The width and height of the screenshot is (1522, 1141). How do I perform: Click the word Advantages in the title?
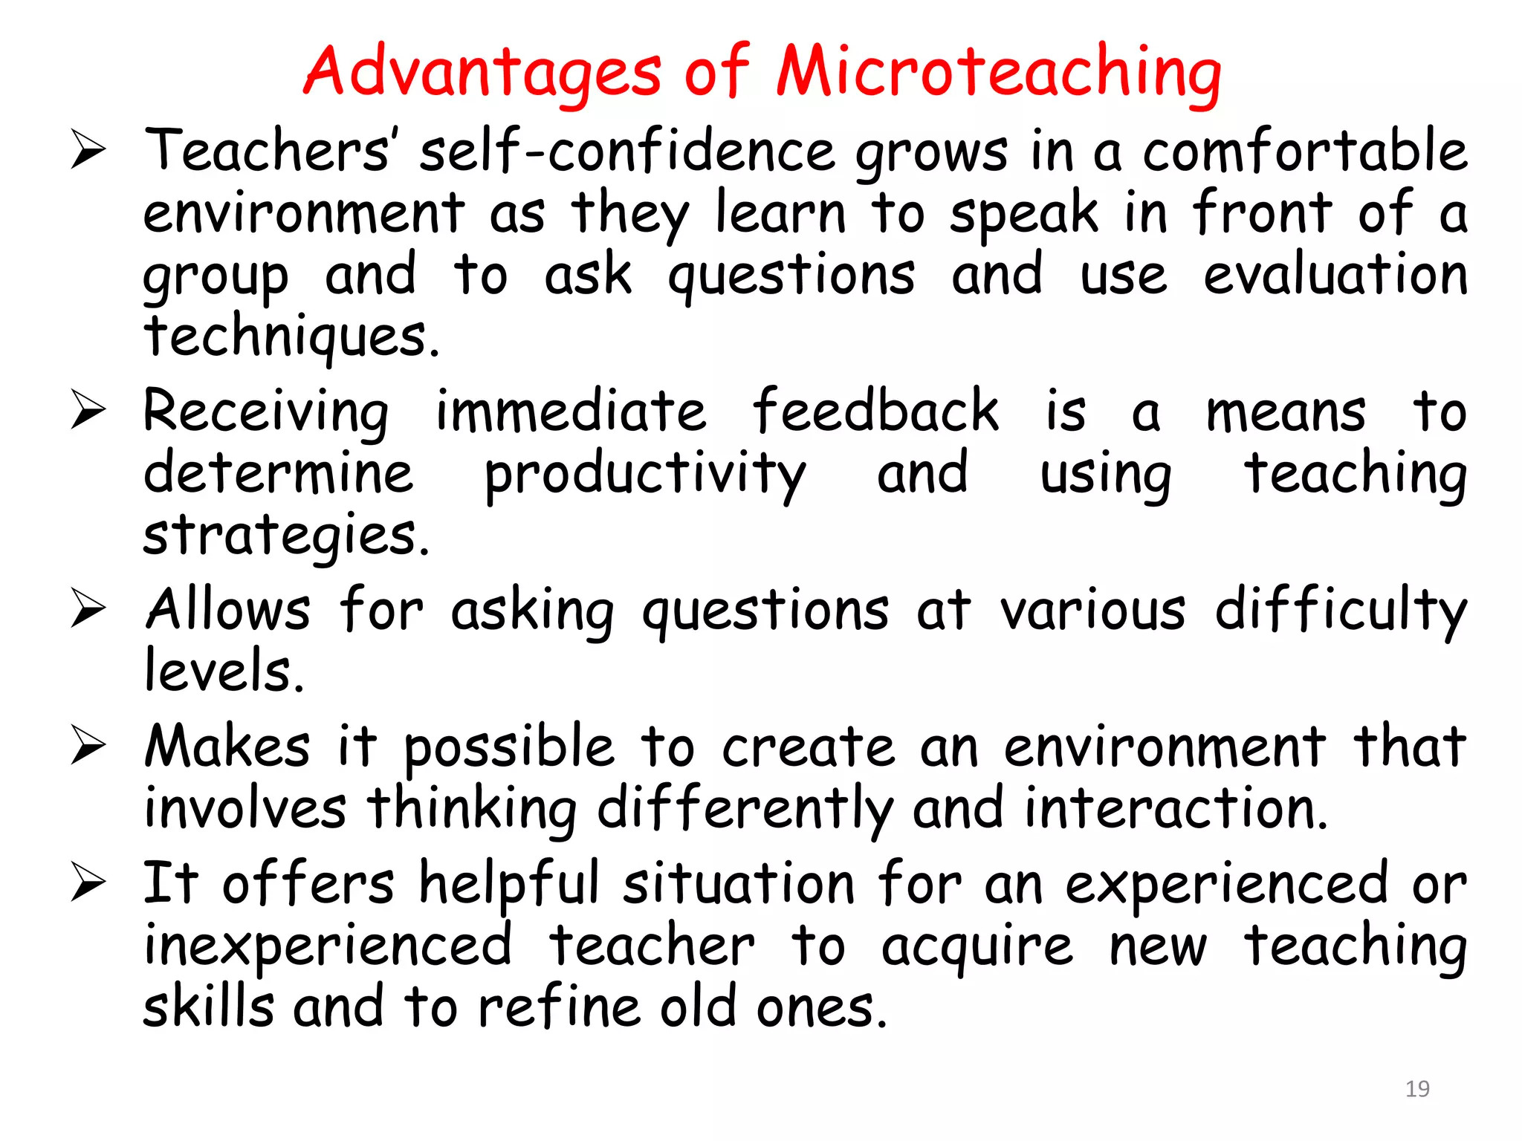pyautogui.click(x=482, y=73)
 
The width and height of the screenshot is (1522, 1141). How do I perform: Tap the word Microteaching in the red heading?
pyautogui.click(x=998, y=73)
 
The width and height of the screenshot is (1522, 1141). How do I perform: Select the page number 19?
pyautogui.click(x=1417, y=1089)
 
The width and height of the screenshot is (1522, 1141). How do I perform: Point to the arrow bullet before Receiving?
pyautogui.click(x=88, y=410)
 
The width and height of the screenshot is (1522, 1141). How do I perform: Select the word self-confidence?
pyautogui.click(x=627, y=152)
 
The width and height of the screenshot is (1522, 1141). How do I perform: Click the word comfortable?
pyautogui.click(x=1304, y=152)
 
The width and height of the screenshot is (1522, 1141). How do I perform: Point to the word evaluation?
pyautogui.click(x=1335, y=275)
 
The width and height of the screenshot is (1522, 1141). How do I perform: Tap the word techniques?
pyautogui.click(x=291, y=337)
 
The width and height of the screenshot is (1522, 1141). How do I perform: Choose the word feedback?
pyautogui.click(x=875, y=411)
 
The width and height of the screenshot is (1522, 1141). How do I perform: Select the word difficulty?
pyautogui.click(x=1341, y=611)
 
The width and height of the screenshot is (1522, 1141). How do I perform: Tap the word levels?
pyautogui.click(x=224, y=671)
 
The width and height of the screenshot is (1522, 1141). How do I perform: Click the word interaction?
pyautogui.click(x=1176, y=808)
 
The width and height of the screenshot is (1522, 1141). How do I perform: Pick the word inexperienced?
pyautogui.click(x=328, y=946)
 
